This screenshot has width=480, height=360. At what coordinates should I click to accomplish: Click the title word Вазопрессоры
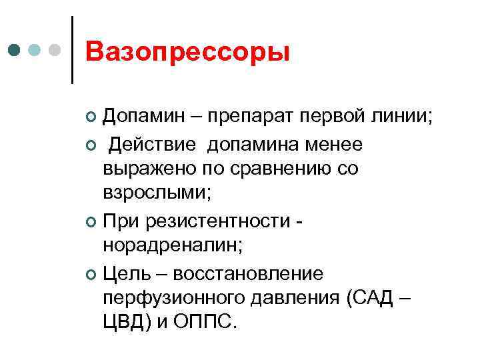click(188, 52)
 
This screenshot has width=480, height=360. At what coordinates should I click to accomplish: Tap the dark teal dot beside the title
click(15, 50)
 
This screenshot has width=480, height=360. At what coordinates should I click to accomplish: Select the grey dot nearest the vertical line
click(56, 50)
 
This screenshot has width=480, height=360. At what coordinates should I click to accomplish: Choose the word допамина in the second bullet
click(254, 145)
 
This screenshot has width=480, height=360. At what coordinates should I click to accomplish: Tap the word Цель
click(127, 273)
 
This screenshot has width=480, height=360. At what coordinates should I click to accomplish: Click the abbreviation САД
click(369, 297)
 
